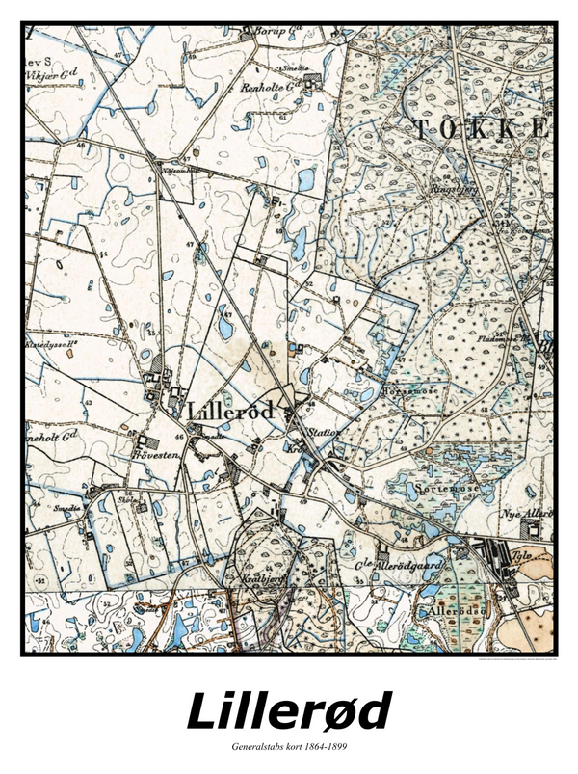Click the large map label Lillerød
click(x=234, y=410)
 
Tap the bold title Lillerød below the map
click(x=289, y=713)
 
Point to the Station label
click(x=325, y=433)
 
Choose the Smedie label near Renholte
click(x=293, y=69)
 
